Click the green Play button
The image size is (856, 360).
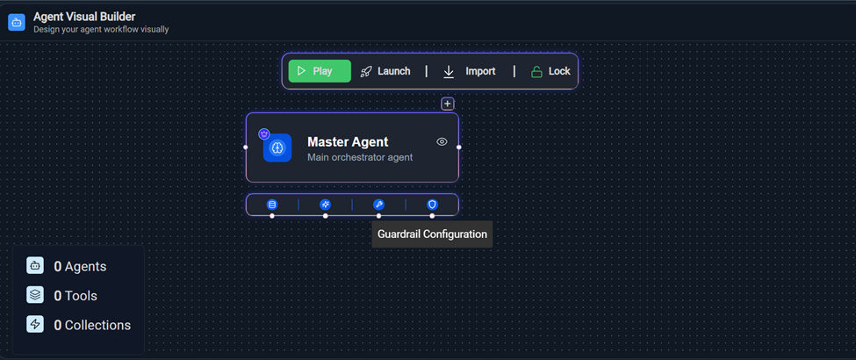(x=320, y=71)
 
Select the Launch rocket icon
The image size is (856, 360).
(x=366, y=72)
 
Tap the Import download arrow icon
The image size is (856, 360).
(x=449, y=72)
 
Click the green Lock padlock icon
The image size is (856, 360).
(x=537, y=72)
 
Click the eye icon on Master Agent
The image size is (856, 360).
(x=442, y=142)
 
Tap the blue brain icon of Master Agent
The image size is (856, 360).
(x=277, y=148)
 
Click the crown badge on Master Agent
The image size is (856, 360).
(x=264, y=133)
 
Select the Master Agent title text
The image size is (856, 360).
(x=348, y=142)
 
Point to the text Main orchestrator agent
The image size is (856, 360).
(x=360, y=157)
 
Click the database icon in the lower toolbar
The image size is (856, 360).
(x=272, y=205)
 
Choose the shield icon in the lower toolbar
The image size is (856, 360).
(x=432, y=205)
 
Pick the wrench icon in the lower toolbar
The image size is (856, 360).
(x=379, y=205)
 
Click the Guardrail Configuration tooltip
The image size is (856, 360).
(x=432, y=234)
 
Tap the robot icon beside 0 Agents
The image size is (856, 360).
(x=35, y=266)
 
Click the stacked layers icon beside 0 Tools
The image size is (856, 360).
(x=35, y=295)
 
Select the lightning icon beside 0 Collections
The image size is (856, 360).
(x=35, y=325)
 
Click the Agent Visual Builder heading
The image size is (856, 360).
(x=84, y=17)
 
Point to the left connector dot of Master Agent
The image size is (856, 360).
(x=246, y=147)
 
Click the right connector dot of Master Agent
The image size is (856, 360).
(x=459, y=147)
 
